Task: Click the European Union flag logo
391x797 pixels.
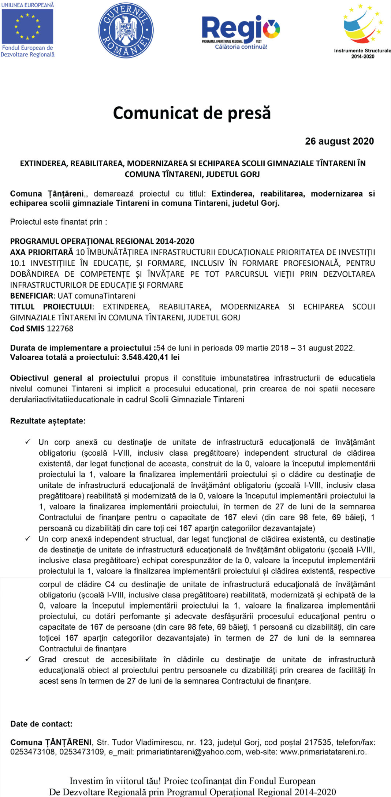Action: coord(27,26)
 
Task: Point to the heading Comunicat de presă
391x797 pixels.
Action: coord(192,113)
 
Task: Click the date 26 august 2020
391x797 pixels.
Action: coord(339,141)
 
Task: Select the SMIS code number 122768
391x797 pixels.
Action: coord(60,329)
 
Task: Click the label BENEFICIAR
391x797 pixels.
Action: coord(32,296)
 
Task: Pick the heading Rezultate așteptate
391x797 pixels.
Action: coord(48,421)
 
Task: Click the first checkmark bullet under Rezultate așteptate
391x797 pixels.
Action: coord(28,442)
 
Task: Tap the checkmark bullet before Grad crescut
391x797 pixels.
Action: coord(28,659)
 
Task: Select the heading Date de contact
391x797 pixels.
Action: coord(41,724)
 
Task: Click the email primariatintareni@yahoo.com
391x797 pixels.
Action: coord(189,752)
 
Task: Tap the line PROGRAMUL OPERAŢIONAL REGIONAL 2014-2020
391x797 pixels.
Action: coord(102,241)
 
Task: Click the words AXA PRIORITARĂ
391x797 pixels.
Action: coord(42,252)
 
